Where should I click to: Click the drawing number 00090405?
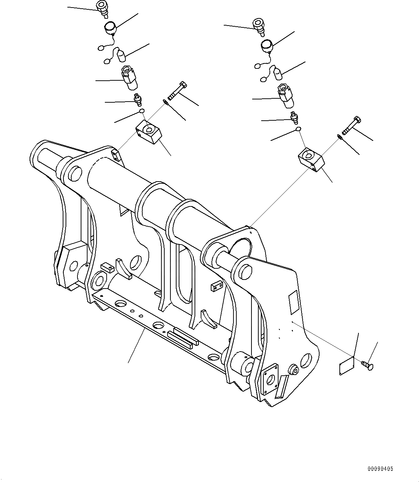point(380,469)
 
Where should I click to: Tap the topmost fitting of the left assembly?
point(103,8)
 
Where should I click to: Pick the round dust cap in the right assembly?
point(267,45)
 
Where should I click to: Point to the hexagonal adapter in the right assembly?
point(285,96)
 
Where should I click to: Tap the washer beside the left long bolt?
point(165,102)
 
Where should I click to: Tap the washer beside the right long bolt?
point(339,136)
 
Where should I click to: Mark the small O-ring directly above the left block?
point(142,111)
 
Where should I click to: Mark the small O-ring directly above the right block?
point(298,129)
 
